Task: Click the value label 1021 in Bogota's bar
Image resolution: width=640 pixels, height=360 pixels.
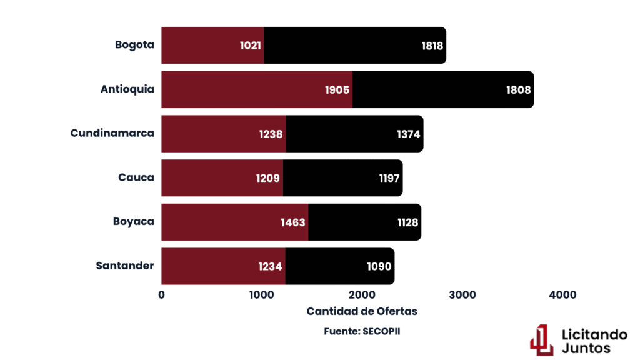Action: pos(251,46)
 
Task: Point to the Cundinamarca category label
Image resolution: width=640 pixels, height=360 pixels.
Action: pos(112,133)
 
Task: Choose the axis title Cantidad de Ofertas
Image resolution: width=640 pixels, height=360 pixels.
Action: pos(362,311)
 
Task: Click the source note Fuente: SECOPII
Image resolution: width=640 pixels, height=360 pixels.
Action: pos(362,331)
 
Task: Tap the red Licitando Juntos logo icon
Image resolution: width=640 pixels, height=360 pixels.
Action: pos(542,339)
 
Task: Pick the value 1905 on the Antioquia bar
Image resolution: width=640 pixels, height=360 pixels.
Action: pos(337,90)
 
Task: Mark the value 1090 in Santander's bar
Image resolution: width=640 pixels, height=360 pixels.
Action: pos(379,267)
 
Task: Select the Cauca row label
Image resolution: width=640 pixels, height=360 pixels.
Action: pos(136,177)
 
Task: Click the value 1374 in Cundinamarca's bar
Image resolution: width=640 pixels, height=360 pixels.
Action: pos(409,134)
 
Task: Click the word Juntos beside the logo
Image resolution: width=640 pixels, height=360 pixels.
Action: pos(586,348)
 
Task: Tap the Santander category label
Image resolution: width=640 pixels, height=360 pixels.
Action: pos(125,266)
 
